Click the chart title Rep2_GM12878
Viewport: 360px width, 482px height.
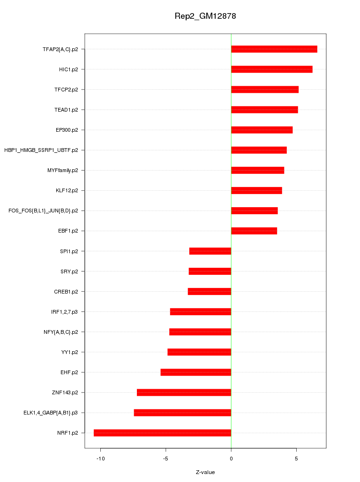coord(205,16)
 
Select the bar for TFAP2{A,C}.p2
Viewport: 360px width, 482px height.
coord(274,49)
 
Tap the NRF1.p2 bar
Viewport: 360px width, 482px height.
coord(162,433)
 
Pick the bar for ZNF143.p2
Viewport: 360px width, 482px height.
coord(184,392)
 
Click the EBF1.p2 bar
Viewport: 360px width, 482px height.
coord(254,231)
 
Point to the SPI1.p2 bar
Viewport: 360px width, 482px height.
coord(210,251)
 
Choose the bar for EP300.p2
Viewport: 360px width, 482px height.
coord(262,130)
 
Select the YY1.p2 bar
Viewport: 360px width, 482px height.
coord(199,352)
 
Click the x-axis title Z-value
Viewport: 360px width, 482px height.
coord(205,472)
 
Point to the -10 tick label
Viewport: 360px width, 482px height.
coord(100,458)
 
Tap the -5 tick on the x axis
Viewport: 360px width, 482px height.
coord(165,458)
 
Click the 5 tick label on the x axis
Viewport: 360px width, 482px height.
coord(296,458)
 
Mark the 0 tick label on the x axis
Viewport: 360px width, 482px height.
coord(231,458)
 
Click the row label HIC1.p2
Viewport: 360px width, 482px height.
coord(68,69)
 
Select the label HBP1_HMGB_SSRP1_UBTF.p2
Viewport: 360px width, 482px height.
coord(41,150)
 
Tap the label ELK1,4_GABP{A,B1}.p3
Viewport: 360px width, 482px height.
coord(51,413)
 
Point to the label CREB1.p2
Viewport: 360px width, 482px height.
coord(66,292)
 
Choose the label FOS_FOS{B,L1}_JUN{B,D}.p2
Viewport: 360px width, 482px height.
coord(43,211)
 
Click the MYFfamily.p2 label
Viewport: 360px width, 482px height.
coord(63,170)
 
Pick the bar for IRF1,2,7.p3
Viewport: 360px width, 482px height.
coord(201,312)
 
